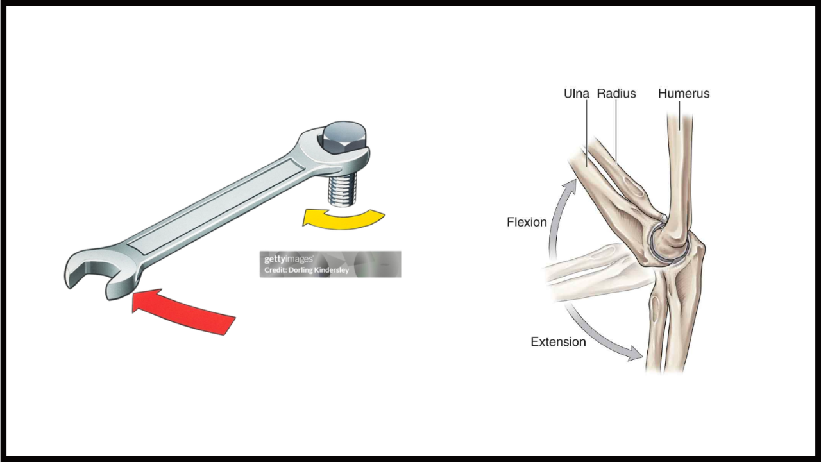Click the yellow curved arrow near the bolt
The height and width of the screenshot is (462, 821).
(x=343, y=218)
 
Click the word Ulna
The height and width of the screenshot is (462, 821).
(x=576, y=94)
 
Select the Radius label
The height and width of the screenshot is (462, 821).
(x=616, y=94)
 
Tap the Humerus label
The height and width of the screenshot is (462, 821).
(x=684, y=94)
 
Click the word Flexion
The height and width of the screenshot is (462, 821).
(x=527, y=223)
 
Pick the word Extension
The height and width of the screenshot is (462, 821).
(x=558, y=342)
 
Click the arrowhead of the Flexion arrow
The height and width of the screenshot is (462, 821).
(x=568, y=187)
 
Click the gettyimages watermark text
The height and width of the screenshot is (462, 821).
(x=289, y=259)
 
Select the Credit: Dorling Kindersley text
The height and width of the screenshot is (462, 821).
(x=307, y=270)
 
